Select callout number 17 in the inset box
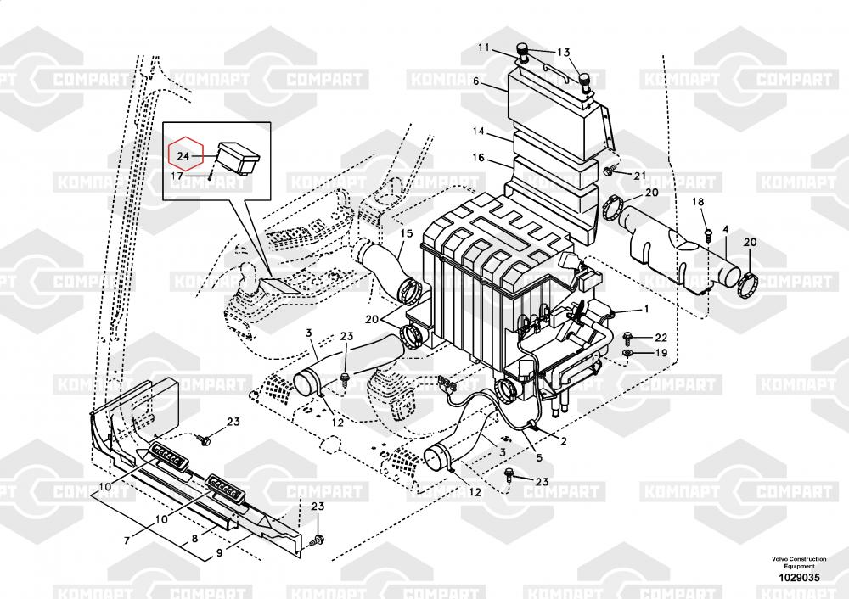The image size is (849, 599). click(177, 176)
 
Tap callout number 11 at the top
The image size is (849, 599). click(483, 48)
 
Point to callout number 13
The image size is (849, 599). click(564, 53)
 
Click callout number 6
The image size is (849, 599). click(476, 81)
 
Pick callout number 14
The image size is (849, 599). click(478, 131)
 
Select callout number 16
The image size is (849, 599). click(478, 158)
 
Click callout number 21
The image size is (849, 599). click(640, 176)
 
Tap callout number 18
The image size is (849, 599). click(698, 202)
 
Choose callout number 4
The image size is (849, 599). click(726, 230)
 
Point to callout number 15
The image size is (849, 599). click(407, 233)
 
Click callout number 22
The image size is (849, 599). click(661, 338)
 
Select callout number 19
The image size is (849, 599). click(661, 353)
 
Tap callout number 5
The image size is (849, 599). click(539, 458)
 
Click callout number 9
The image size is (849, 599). click(219, 553)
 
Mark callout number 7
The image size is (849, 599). click(127, 540)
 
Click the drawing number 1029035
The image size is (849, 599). click(799, 577)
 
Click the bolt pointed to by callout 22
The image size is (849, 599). click(628, 339)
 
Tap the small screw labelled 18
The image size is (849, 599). click(708, 233)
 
